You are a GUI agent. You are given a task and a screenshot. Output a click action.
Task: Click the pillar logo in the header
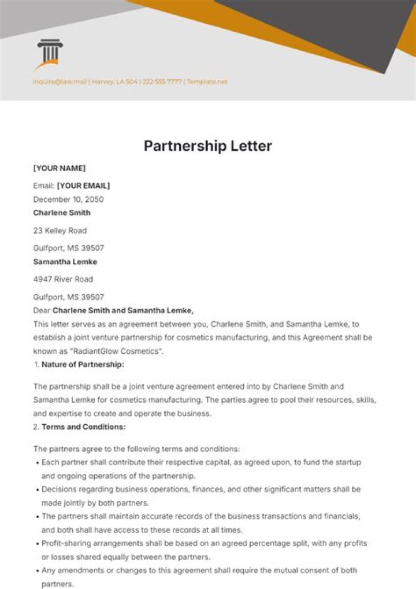49,55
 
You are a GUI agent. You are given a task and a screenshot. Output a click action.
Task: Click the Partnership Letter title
207,146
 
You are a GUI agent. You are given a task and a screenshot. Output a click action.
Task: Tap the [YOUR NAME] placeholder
59,168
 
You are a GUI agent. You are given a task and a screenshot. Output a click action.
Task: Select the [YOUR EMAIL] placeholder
83,186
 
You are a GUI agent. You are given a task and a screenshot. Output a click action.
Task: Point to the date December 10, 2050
68,199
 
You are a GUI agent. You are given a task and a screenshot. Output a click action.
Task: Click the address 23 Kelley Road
60,231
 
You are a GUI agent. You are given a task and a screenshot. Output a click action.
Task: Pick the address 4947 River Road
63,279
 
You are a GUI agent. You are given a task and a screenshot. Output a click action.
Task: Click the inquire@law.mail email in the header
60,82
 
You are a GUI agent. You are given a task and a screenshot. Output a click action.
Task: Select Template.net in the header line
207,82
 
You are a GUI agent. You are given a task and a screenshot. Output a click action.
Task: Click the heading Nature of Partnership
83,365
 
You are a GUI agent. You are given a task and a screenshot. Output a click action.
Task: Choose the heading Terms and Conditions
83,427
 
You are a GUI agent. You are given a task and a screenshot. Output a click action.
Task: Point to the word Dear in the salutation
42,310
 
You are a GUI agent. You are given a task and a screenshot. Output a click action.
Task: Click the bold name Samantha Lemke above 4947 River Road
65,262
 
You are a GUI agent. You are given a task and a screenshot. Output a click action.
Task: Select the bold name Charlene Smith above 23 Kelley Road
61,213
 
